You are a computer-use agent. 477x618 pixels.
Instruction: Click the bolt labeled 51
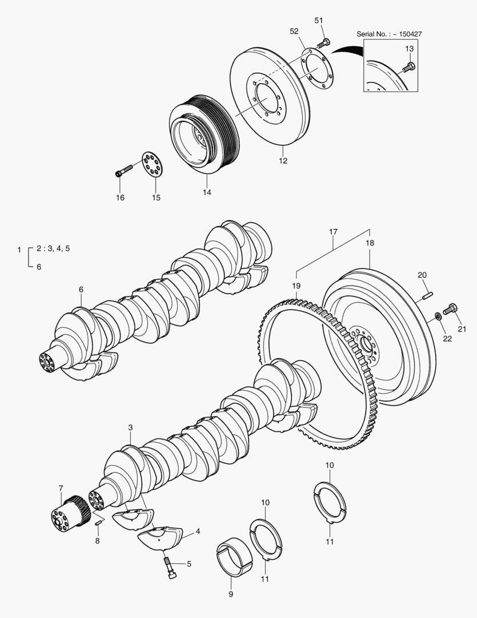pyautogui.click(x=324, y=42)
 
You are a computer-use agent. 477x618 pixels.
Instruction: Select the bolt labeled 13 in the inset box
pyautogui.click(x=408, y=68)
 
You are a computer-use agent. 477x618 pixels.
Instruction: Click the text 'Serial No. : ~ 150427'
pyautogui.click(x=389, y=34)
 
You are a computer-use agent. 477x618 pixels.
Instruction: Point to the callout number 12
pyautogui.click(x=283, y=161)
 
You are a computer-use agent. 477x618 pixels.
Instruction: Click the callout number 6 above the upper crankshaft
pyautogui.click(x=81, y=290)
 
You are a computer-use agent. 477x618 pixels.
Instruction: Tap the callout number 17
pyautogui.click(x=333, y=232)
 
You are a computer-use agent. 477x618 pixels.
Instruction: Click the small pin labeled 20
pyautogui.click(x=427, y=295)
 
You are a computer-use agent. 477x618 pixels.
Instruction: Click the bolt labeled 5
pyautogui.click(x=170, y=567)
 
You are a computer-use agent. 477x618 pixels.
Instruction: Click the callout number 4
pyautogui.click(x=198, y=532)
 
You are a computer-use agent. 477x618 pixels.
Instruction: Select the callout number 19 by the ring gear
pyautogui.click(x=296, y=285)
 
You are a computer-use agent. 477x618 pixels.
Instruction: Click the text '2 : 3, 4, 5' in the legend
pyautogui.click(x=53, y=248)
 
